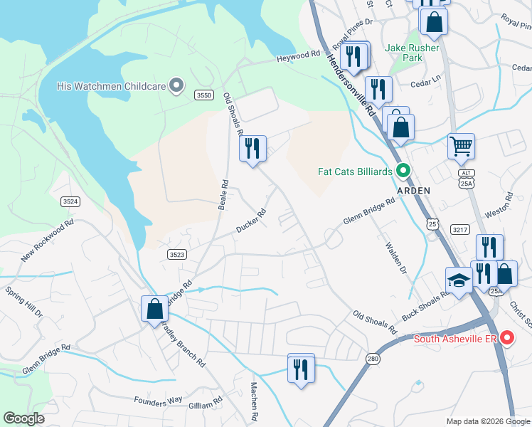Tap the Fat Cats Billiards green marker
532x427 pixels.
pos(403,172)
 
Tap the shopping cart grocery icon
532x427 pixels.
pos(461,147)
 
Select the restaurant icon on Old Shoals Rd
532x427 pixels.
pos(252,149)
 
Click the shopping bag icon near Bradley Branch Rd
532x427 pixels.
pos(154,310)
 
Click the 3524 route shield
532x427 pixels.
pos(70,202)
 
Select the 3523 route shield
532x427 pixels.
pos(177,254)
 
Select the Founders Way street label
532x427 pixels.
pos(158,401)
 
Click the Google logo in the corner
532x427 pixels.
pos(23,418)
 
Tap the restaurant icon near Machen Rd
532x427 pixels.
pos(301,368)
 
